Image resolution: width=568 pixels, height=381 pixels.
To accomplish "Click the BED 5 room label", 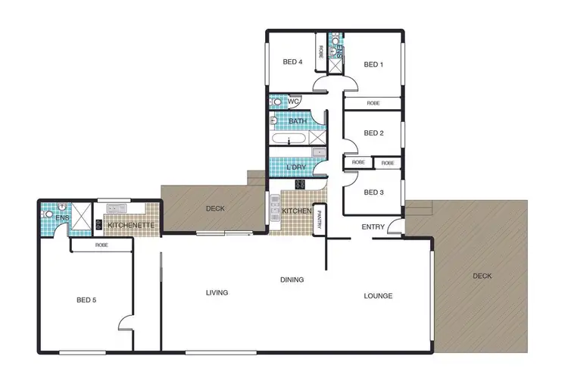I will click(86, 300).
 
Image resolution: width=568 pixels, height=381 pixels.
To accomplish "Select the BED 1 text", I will click(373, 64).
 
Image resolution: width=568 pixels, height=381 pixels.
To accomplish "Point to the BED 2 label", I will click(373, 133).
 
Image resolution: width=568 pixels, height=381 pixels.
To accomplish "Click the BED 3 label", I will click(373, 192).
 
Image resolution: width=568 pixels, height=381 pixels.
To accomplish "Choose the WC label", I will click(294, 101).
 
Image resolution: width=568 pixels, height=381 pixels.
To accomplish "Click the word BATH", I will click(298, 121).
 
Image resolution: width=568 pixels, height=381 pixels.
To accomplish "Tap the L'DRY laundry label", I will click(296, 167).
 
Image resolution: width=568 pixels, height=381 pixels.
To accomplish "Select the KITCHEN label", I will click(296, 211).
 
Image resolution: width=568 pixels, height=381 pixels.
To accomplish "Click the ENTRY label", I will click(373, 226).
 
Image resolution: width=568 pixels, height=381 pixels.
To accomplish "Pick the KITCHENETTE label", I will click(131, 225).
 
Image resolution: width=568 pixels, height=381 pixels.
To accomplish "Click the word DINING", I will click(292, 280).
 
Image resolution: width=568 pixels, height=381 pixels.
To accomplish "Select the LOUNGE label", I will click(378, 295).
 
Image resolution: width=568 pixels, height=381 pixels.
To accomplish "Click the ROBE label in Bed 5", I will click(101, 245).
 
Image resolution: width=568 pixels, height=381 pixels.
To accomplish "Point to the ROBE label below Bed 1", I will click(373, 103).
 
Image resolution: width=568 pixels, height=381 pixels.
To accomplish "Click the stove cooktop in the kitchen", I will click(300, 184).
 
